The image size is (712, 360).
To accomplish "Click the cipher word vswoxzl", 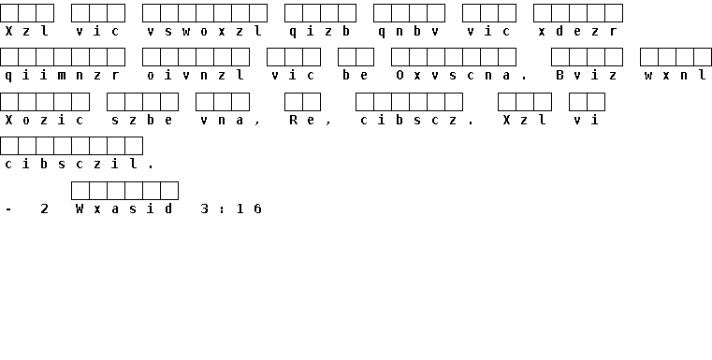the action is click(x=204, y=31).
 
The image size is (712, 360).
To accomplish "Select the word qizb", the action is click(x=320, y=31).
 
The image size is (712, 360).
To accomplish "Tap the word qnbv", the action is click(x=409, y=31).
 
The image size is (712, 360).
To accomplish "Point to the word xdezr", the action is click(x=578, y=31).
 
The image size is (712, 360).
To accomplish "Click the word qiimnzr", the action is click(x=62, y=76).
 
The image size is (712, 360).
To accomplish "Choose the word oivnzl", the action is click(x=196, y=76).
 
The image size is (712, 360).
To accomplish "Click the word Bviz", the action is click(x=587, y=76).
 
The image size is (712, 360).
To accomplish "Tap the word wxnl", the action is click(x=676, y=76).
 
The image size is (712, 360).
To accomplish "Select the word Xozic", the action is click(x=45, y=121).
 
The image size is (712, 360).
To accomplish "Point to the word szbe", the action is click(x=142, y=121).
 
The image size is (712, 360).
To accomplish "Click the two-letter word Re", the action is click(x=302, y=121).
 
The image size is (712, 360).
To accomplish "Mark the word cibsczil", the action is click(x=71, y=165).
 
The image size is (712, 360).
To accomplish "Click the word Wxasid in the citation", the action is click(x=124, y=209).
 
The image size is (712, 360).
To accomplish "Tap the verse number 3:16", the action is click(x=231, y=209).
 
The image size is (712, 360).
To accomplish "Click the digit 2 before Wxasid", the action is click(x=45, y=209).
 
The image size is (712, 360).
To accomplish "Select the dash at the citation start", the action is click(x=8, y=209).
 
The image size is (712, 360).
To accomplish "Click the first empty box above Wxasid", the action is click(x=80, y=191).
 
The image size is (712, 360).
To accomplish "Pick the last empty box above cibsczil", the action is click(x=134, y=146).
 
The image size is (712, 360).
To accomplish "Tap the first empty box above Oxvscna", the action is click(x=400, y=57).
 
